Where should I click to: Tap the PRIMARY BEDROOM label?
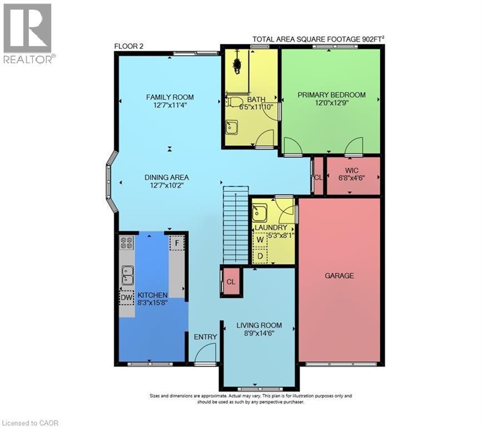pyautogui.click(x=331, y=95)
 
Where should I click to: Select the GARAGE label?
pyautogui.click(x=339, y=275)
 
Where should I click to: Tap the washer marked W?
pyautogui.click(x=260, y=239)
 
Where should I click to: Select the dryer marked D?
pyautogui.click(x=260, y=256)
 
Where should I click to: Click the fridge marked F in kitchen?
pyautogui.click(x=177, y=243)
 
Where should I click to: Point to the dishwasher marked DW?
pyautogui.click(x=127, y=297)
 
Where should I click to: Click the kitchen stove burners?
pyautogui.click(x=127, y=243)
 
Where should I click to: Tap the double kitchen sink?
pyautogui.click(x=127, y=274)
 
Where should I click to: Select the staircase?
pyautogui.click(x=235, y=225)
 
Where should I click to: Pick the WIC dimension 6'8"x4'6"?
pyautogui.click(x=352, y=178)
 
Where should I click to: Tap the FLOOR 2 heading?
pyautogui.click(x=129, y=46)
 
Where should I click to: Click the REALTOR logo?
pyautogui.click(x=27, y=33)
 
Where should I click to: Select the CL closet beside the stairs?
pyautogui.click(x=231, y=281)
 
